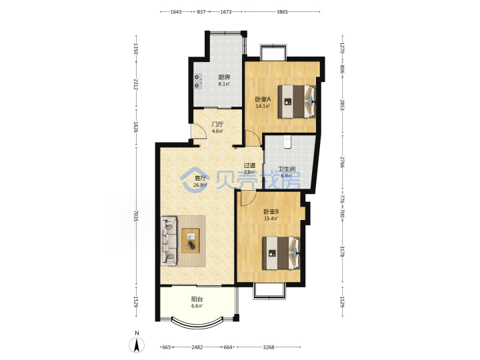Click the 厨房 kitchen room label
click(224, 77)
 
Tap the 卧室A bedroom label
click(263, 99)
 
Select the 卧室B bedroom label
click(271, 211)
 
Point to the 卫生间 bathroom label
click(287, 169)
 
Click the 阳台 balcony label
click(197, 299)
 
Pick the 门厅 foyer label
click(217, 124)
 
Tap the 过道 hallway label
click(249, 165)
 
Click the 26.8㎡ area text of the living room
click(201, 185)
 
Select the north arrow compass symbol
click(137, 343)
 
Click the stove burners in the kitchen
click(198, 81)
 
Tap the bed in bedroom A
click(297, 101)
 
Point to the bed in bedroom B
click(281, 253)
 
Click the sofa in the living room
click(169, 241)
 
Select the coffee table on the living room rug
click(191, 241)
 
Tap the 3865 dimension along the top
click(282, 12)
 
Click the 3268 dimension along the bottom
click(269, 347)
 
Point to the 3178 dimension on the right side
click(342, 251)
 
